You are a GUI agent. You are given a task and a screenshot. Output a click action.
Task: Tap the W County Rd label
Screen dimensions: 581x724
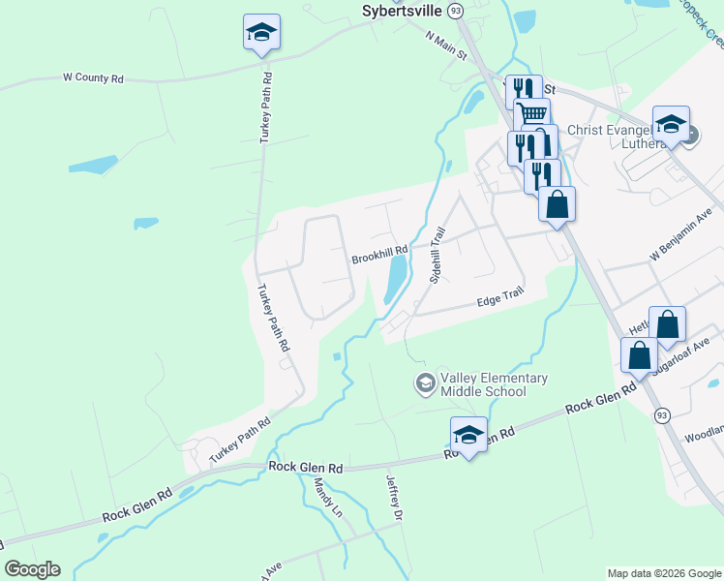(94, 76)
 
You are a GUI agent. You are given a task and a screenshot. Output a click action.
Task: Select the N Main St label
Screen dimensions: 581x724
(446, 44)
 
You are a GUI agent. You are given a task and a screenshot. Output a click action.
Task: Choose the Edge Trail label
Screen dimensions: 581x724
(500, 302)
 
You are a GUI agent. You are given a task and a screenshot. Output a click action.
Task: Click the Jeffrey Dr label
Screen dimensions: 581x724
(393, 491)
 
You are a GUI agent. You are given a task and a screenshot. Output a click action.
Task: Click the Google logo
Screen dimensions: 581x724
(32, 569)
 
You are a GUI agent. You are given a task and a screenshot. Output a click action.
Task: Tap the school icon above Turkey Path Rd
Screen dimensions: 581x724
(261, 32)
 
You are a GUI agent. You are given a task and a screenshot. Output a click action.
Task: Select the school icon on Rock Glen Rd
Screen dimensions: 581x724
(468, 435)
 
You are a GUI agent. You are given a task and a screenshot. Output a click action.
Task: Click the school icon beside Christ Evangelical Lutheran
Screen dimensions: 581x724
(671, 124)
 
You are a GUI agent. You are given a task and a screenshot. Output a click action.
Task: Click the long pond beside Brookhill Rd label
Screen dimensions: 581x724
(395, 279)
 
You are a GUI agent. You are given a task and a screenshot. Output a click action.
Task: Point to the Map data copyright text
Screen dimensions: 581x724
(664, 573)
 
